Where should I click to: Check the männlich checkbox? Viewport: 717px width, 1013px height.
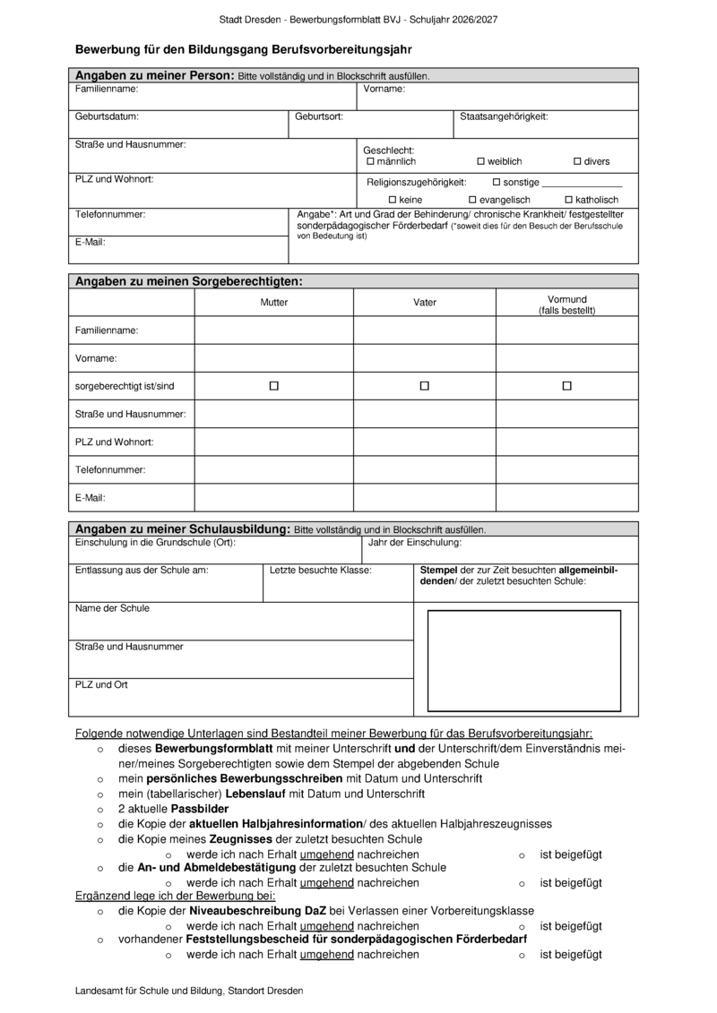click(x=371, y=161)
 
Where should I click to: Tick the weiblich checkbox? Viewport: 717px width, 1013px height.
click(x=480, y=161)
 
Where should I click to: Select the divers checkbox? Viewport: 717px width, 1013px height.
click(x=578, y=161)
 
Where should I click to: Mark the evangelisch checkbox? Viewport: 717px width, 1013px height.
click(x=472, y=199)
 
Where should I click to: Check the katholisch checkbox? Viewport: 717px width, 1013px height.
click(x=568, y=199)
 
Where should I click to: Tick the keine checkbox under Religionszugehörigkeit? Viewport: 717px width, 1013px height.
click(x=392, y=199)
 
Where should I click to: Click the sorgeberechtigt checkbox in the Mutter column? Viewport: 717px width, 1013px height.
click(x=274, y=386)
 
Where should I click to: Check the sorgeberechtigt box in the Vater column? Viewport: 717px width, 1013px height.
click(x=425, y=386)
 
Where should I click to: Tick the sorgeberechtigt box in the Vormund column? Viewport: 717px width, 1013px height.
click(x=567, y=386)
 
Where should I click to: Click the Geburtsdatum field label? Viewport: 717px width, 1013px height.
click(x=107, y=116)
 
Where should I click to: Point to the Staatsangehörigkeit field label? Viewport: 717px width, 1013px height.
click(x=504, y=116)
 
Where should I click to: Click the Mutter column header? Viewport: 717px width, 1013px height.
click(x=274, y=303)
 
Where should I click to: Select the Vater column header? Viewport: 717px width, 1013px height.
click(x=425, y=303)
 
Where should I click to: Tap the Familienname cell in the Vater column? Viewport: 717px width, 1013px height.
click(x=425, y=331)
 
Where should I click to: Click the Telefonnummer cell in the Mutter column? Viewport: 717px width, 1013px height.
click(x=274, y=469)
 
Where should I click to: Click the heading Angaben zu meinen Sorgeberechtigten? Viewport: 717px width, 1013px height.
click(x=189, y=281)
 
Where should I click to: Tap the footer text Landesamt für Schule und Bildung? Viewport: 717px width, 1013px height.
click(x=190, y=991)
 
